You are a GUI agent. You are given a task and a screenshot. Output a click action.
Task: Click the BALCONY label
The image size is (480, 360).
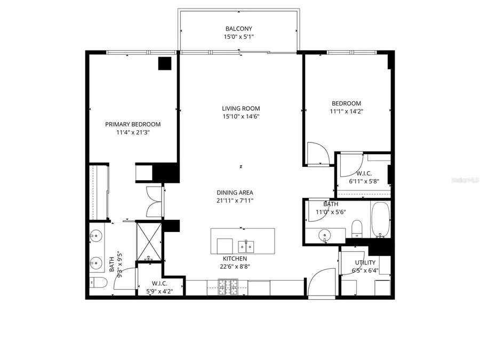point(239,29)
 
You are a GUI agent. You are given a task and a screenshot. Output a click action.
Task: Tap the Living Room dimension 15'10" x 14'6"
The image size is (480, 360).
point(241,116)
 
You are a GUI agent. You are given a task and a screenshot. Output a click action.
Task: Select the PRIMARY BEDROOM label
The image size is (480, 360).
point(133,124)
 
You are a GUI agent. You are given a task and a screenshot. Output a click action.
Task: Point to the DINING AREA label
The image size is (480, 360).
point(235,193)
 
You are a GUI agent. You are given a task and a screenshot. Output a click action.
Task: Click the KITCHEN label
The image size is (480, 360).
point(235,259)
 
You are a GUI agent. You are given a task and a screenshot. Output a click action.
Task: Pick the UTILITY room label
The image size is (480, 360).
point(365,262)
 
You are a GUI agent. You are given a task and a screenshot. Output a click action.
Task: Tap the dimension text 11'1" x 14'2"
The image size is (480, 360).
point(346,111)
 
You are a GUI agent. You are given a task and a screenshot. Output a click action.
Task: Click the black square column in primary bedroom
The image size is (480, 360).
point(165,63)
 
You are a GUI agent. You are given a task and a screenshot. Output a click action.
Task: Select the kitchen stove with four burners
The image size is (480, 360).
point(228,287)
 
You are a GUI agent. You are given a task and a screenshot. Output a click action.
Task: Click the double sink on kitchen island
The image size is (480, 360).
point(246,246)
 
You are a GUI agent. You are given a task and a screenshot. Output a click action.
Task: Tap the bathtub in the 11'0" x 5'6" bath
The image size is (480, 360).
point(380,220)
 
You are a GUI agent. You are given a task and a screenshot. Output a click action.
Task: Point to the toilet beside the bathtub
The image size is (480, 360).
point(357,228)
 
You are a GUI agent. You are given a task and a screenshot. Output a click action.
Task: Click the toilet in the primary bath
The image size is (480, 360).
point(99,283)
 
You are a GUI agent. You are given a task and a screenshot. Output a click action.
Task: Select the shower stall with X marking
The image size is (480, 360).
point(149,242)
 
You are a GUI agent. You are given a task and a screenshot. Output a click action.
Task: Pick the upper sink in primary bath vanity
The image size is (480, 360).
point(96,236)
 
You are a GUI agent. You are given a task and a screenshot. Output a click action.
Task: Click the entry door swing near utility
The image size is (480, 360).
point(322,282)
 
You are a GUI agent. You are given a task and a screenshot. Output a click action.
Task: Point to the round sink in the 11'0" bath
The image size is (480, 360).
point(324,236)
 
